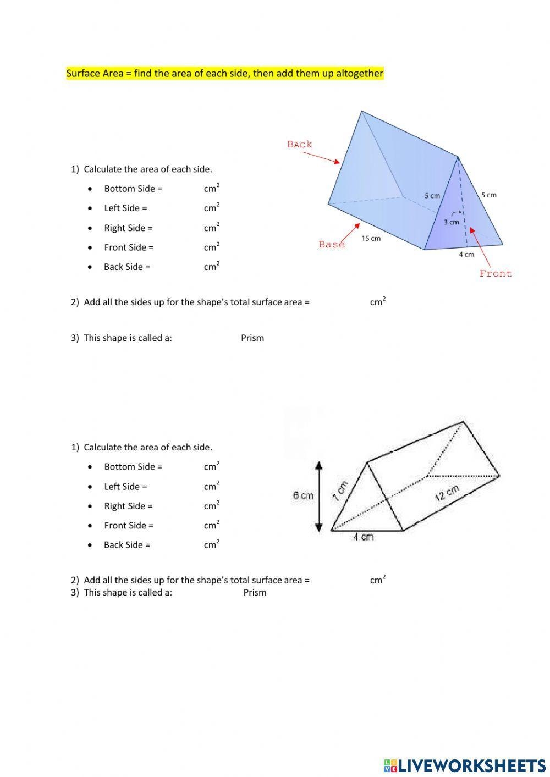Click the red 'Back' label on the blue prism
299,144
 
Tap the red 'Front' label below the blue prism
495,273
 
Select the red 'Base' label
331,244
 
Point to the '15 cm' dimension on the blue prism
371,238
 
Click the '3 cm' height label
451,222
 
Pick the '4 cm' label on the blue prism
466,254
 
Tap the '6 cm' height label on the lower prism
302,495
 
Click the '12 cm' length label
447,493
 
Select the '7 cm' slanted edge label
340,491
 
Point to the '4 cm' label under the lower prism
363,537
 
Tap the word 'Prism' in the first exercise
252,338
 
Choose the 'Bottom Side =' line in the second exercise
133,466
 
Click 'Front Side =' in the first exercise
129,247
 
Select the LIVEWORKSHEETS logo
465,765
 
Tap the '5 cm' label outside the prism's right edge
488,195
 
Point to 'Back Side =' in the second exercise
127,545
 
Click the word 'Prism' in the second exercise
255,592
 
